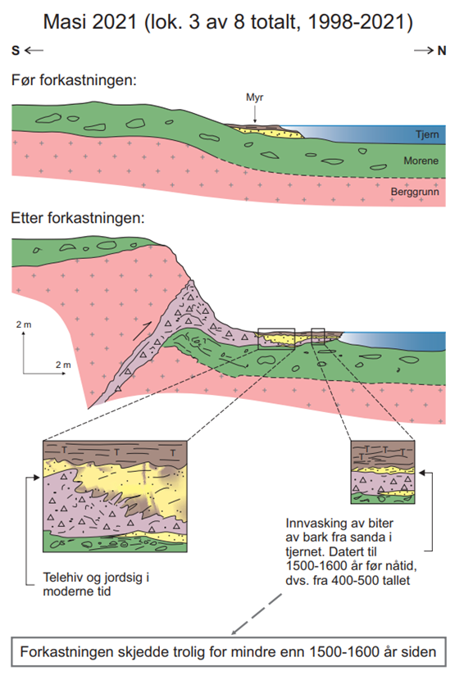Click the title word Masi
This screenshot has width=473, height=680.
(68, 21)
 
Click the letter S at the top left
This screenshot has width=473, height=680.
(16, 51)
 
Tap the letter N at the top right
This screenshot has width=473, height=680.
(442, 51)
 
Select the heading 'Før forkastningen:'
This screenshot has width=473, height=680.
(74, 80)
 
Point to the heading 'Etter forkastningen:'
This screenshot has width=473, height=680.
(77, 218)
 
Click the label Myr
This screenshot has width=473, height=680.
(255, 97)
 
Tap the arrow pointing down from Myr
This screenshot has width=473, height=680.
(255, 114)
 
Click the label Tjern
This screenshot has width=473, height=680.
(427, 134)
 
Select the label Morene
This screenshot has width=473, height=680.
(421, 161)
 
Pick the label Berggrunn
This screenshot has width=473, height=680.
(415, 192)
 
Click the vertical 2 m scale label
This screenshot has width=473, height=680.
(24, 324)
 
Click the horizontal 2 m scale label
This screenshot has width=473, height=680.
(63, 365)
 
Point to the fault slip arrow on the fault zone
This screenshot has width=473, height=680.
(142, 331)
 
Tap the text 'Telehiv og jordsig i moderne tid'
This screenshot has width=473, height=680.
(96, 584)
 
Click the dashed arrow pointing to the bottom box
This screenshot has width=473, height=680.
(257, 614)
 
